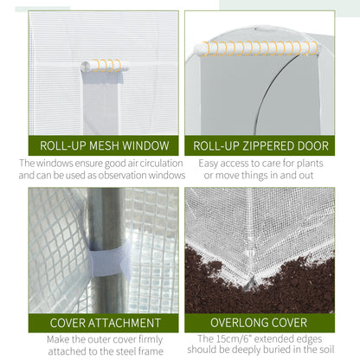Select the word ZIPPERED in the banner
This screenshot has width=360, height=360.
[x=268, y=145]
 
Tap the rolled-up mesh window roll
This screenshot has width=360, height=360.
[x=102, y=65]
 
